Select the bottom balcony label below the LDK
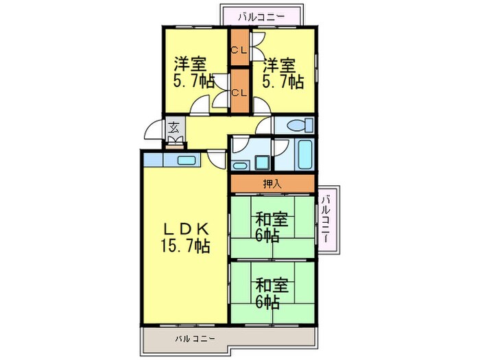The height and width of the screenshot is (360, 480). pos(195,338)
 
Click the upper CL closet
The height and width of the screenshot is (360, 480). pos(239,49)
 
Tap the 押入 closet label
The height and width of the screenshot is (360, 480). pos(272,184)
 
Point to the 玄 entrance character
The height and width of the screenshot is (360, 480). pos(174,128)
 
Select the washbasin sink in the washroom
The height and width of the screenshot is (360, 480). pos(239,164)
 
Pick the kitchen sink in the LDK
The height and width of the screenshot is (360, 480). pos(185,161)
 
